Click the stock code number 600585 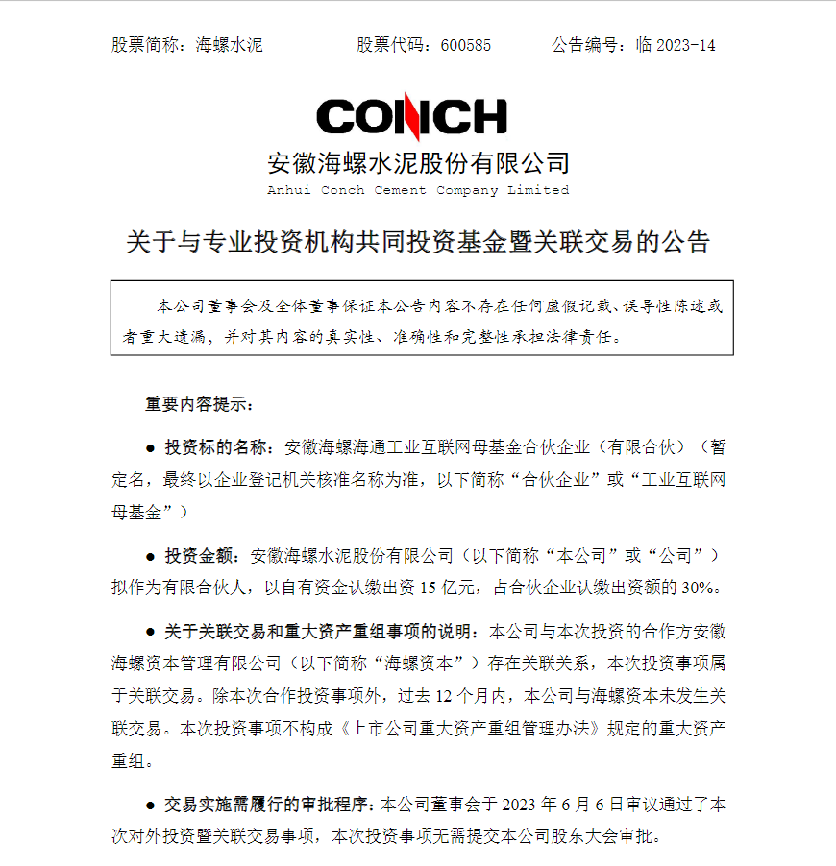coord(466,45)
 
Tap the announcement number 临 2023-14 coord(676,45)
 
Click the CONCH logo coord(411,116)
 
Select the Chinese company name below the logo coord(418,162)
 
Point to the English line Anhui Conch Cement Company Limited coord(418,190)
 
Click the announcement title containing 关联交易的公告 coord(418,242)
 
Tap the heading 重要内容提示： coord(200,403)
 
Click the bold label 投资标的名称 coord(219,447)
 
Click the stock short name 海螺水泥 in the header coord(230,45)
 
